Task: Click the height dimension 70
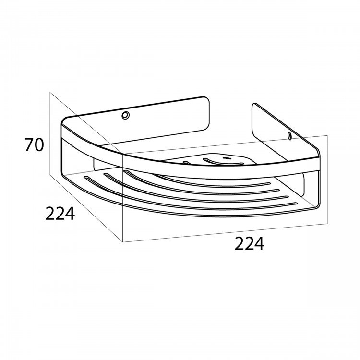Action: coord(34,145)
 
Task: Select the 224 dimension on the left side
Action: coord(60,214)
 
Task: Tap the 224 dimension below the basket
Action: coord(249,243)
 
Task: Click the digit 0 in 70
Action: coord(38,145)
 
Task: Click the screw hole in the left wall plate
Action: coord(125,115)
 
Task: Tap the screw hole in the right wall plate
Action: coord(290,136)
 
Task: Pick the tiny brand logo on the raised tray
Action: coord(227,158)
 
